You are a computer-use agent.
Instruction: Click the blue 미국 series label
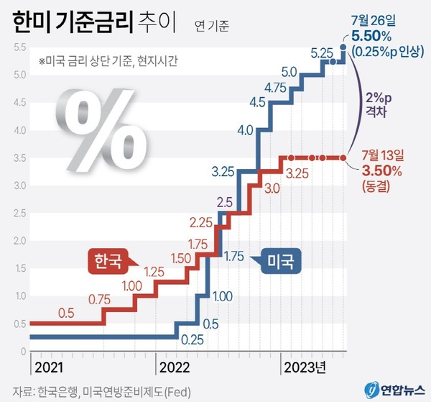pyautogui.click(x=279, y=259)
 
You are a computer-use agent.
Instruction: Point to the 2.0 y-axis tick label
pyautogui.click(x=19, y=241)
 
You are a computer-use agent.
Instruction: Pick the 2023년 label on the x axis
pyautogui.click(x=305, y=367)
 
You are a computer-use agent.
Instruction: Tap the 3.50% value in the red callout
pyautogui.click(x=381, y=170)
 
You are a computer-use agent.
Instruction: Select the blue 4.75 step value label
pyautogui.click(x=277, y=88)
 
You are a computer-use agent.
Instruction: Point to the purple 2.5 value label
pyautogui.click(x=223, y=202)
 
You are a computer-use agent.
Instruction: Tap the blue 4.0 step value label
pyautogui.click(x=244, y=131)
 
